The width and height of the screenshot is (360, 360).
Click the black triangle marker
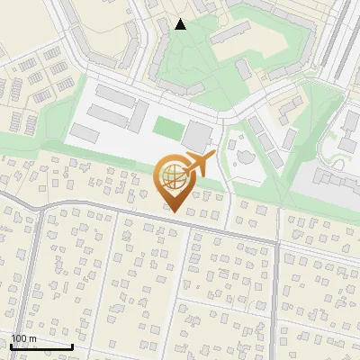pyautogui.click(x=180, y=23)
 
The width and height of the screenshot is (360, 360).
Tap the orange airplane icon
pyautogui.click(x=199, y=165)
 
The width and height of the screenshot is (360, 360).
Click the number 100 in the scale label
pyautogui.click(x=18, y=338)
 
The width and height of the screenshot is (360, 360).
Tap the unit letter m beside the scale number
pyautogui.click(x=32, y=338)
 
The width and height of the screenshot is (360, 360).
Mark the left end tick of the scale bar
pyautogui.click(x=11, y=346)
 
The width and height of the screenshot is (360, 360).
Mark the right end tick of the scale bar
pyautogui.click(x=73, y=346)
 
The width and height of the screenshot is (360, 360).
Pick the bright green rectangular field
pyautogui.click(x=166, y=128)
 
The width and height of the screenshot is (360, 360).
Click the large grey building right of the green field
pyautogui.click(x=196, y=136)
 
